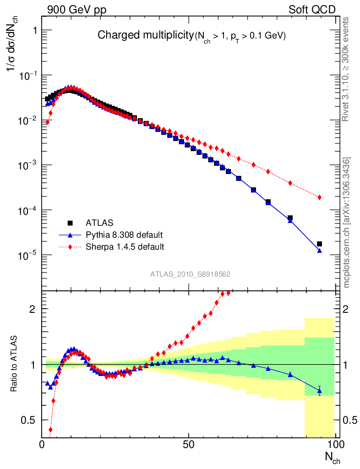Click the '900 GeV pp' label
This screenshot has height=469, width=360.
point(73,10)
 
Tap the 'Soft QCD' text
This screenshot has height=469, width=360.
point(312,10)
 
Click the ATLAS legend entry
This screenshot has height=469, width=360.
point(97,223)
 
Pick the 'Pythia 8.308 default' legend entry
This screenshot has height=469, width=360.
point(124,235)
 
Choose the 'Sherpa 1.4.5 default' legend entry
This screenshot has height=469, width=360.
point(125,247)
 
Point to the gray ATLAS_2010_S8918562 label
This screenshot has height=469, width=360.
point(190,274)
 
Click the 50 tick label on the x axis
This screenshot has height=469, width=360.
point(189,445)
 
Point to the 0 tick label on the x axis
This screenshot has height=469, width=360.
point(42,445)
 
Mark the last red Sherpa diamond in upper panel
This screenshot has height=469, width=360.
point(320,197)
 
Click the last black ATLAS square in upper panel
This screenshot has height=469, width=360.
point(320,244)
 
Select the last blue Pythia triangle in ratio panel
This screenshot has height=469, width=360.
point(320,391)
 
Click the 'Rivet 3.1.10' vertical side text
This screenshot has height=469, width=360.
point(346,69)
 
